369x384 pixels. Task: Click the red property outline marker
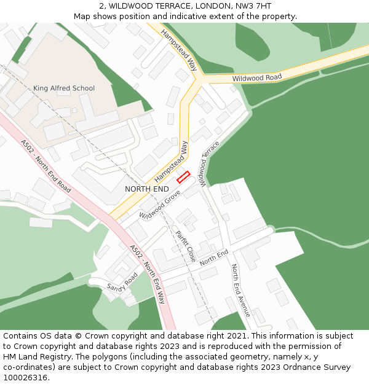pyautogui.click(x=183, y=178)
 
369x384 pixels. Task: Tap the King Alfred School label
pyautogui.click(x=64, y=88)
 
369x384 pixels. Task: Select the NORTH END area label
pyautogui.click(x=147, y=189)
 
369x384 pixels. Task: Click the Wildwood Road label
pyautogui.click(x=256, y=78)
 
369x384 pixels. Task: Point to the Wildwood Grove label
pyautogui.click(x=159, y=205)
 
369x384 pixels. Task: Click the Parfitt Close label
pyautogui.click(x=185, y=246)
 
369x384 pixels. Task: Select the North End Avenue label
pyautogui.click(x=240, y=290)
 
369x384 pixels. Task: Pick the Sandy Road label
pyautogui.click(x=122, y=283)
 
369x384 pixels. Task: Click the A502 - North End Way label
pyautogui.click(x=148, y=274)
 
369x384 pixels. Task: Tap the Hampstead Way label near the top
pyautogui.click(x=179, y=50)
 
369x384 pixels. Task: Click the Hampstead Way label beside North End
pyautogui.click(x=170, y=160)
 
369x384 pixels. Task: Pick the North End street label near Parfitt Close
pyautogui.click(x=213, y=257)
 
